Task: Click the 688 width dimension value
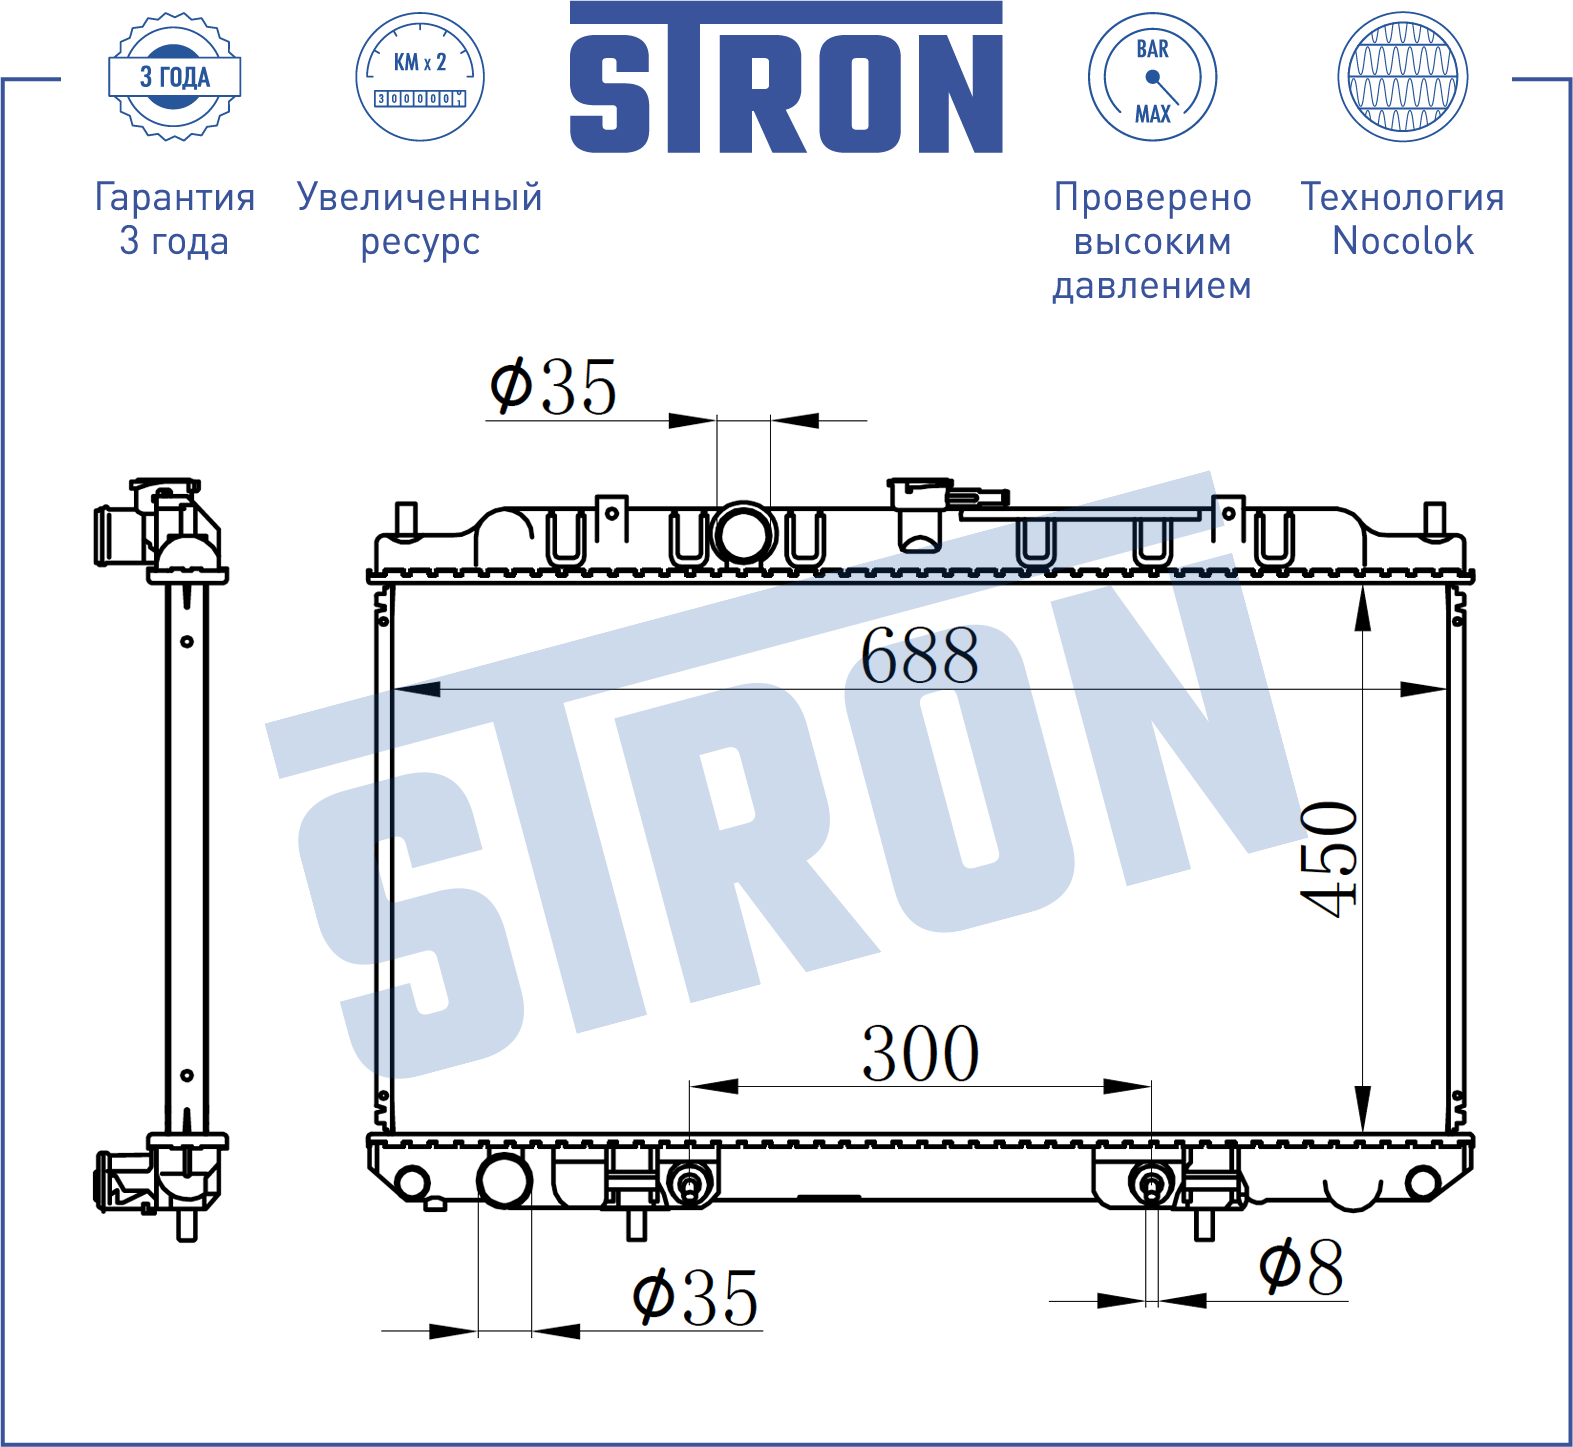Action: pyautogui.click(x=920, y=656)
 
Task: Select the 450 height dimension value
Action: pyautogui.click(x=1330, y=859)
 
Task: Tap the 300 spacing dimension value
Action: pyautogui.click(x=920, y=1053)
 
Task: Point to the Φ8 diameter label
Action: pyautogui.click(x=1301, y=1267)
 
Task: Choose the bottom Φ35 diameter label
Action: pyautogui.click(x=696, y=1297)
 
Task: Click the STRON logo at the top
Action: pyautogui.click(x=786, y=78)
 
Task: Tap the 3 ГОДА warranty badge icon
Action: pyautogui.click(x=175, y=77)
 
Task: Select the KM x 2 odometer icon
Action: pyautogui.click(x=420, y=77)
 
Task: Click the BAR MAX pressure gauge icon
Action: pyautogui.click(x=1152, y=77)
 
